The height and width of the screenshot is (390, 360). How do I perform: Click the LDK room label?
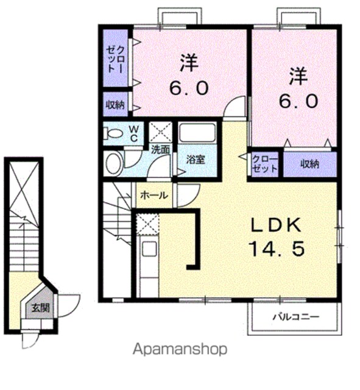276,225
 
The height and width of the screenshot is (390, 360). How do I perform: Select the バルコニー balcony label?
296,317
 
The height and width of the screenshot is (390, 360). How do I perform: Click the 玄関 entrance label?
40,308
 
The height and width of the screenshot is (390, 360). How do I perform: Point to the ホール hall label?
154,196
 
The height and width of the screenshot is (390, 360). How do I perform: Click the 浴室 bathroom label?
196,159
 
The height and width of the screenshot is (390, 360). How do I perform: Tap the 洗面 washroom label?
161,149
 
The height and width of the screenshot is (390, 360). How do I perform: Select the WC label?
134,133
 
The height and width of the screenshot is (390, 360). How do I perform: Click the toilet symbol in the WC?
113,133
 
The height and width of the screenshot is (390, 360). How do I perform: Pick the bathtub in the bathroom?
197,133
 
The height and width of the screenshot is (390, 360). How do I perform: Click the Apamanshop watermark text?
180,349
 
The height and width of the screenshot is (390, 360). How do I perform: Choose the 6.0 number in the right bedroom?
298,101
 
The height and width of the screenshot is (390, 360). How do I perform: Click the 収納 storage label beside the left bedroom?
115,104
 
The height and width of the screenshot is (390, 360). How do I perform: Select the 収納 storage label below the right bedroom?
310,164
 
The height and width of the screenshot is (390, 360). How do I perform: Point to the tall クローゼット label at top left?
115,59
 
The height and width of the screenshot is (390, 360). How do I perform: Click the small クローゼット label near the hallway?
265,164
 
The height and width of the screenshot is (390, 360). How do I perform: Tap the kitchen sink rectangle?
149,249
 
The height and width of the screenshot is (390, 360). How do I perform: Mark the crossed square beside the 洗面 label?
160,132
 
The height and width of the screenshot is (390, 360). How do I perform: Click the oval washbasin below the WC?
113,163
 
